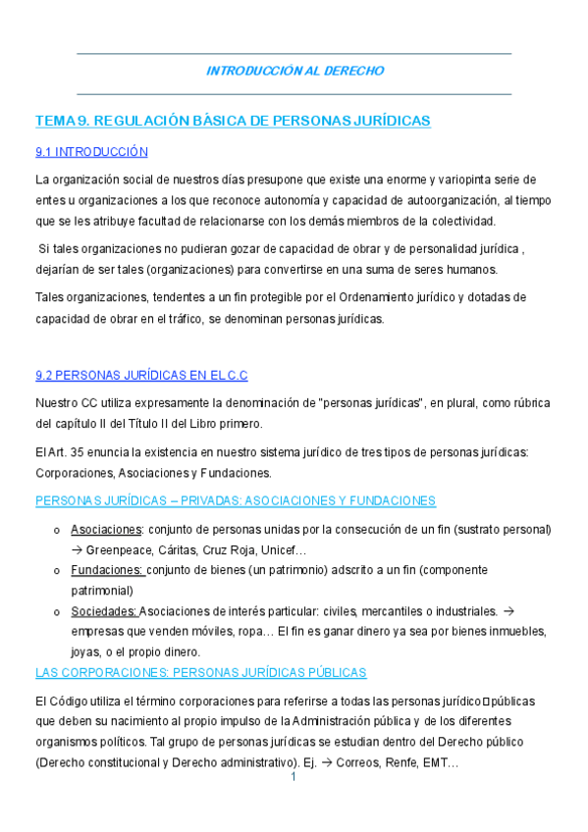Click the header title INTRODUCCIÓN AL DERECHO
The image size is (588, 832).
[x=294, y=71]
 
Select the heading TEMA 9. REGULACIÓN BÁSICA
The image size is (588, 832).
[x=233, y=121]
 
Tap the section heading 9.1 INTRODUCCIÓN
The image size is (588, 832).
[x=91, y=152]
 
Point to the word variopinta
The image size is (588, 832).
[x=458, y=180]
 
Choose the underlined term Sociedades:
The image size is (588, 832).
[x=104, y=611]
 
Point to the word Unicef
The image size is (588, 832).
[x=284, y=549]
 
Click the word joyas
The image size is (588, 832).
[x=86, y=651]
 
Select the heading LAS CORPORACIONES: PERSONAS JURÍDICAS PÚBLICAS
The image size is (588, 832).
[x=200, y=672]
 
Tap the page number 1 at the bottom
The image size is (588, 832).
[x=294, y=777]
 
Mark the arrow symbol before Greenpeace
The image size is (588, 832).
[x=78, y=549]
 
